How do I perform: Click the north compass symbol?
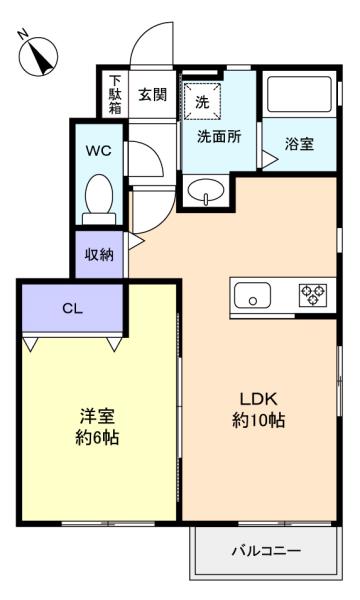point(38,56)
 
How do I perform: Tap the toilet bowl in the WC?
point(99,199)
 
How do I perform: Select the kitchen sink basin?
point(252,295)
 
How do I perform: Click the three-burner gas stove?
point(313,295)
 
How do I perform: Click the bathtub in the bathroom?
point(299,94)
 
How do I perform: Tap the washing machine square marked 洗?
point(202,101)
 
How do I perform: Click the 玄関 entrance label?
point(153,94)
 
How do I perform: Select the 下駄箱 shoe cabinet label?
point(115,94)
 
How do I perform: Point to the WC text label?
point(99,150)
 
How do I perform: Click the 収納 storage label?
point(99,254)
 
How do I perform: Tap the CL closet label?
point(72,308)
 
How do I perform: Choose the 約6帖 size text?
point(97,438)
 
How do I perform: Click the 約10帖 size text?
point(259,420)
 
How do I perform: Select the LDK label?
point(259,399)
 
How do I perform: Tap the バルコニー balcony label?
point(267,551)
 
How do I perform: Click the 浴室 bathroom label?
point(299,144)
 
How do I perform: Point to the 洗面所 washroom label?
point(219,137)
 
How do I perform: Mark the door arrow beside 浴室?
point(269,159)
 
